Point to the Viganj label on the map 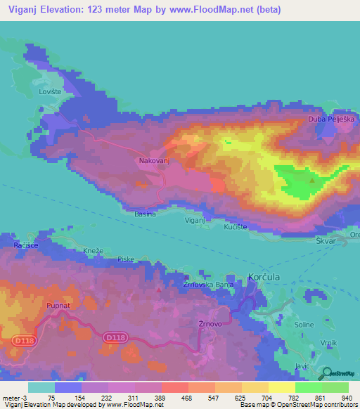click(x=195, y=220)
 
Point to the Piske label click(x=126, y=259)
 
